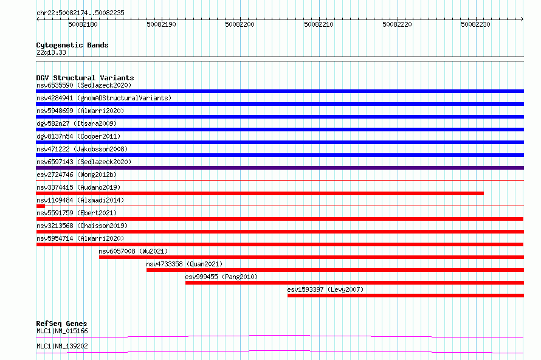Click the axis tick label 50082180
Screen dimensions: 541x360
[83, 24]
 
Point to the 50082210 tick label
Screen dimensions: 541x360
[319, 24]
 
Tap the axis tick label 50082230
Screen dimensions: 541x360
[475, 24]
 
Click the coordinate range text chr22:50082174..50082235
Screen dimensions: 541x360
[80, 13]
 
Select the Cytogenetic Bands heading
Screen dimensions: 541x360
[72, 45]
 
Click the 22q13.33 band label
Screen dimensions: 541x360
[51, 52]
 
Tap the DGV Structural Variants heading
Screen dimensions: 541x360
[85, 78]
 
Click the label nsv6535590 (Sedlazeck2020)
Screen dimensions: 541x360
[84, 85]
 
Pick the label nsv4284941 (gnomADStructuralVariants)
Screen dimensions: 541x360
[104, 98]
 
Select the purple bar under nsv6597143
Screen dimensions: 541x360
[280, 168]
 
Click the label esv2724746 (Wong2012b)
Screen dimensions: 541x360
[77, 175]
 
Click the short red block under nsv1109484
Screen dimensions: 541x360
[40, 206]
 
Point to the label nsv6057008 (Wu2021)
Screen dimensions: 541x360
[133, 251]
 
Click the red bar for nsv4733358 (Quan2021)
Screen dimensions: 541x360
[335, 270]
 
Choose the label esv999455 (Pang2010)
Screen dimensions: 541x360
[221, 277]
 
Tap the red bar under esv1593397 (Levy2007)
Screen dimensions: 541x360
[406, 296]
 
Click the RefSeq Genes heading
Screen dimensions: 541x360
[61, 324]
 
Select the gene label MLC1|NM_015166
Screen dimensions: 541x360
[62, 331]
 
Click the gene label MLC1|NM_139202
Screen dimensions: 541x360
[62, 346]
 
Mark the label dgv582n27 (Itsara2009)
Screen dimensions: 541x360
[77, 123]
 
